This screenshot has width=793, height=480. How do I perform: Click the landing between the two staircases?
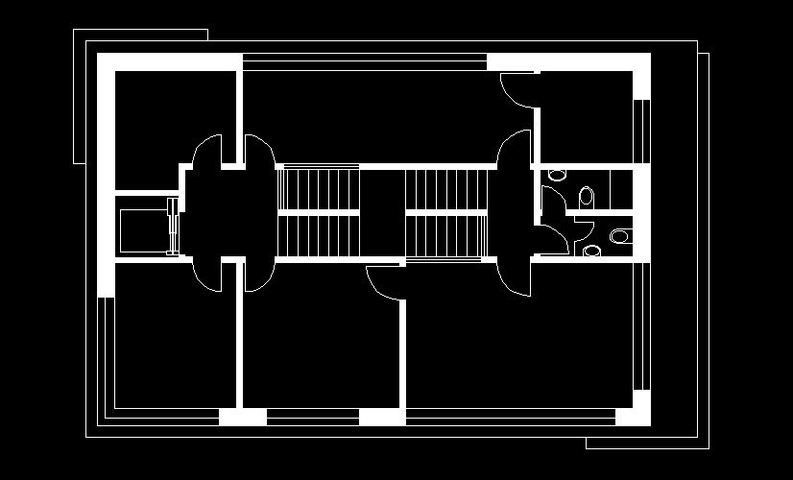(x=381, y=213)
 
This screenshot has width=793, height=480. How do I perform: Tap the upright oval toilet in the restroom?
(x=587, y=197)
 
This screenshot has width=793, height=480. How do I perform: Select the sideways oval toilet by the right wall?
(x=620, y=235)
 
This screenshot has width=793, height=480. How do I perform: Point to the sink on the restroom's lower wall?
(x=591, y=252)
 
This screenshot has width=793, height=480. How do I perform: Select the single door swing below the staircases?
(x=384, y=283)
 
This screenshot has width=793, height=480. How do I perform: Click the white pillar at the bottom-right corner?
(x=633, y=416)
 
